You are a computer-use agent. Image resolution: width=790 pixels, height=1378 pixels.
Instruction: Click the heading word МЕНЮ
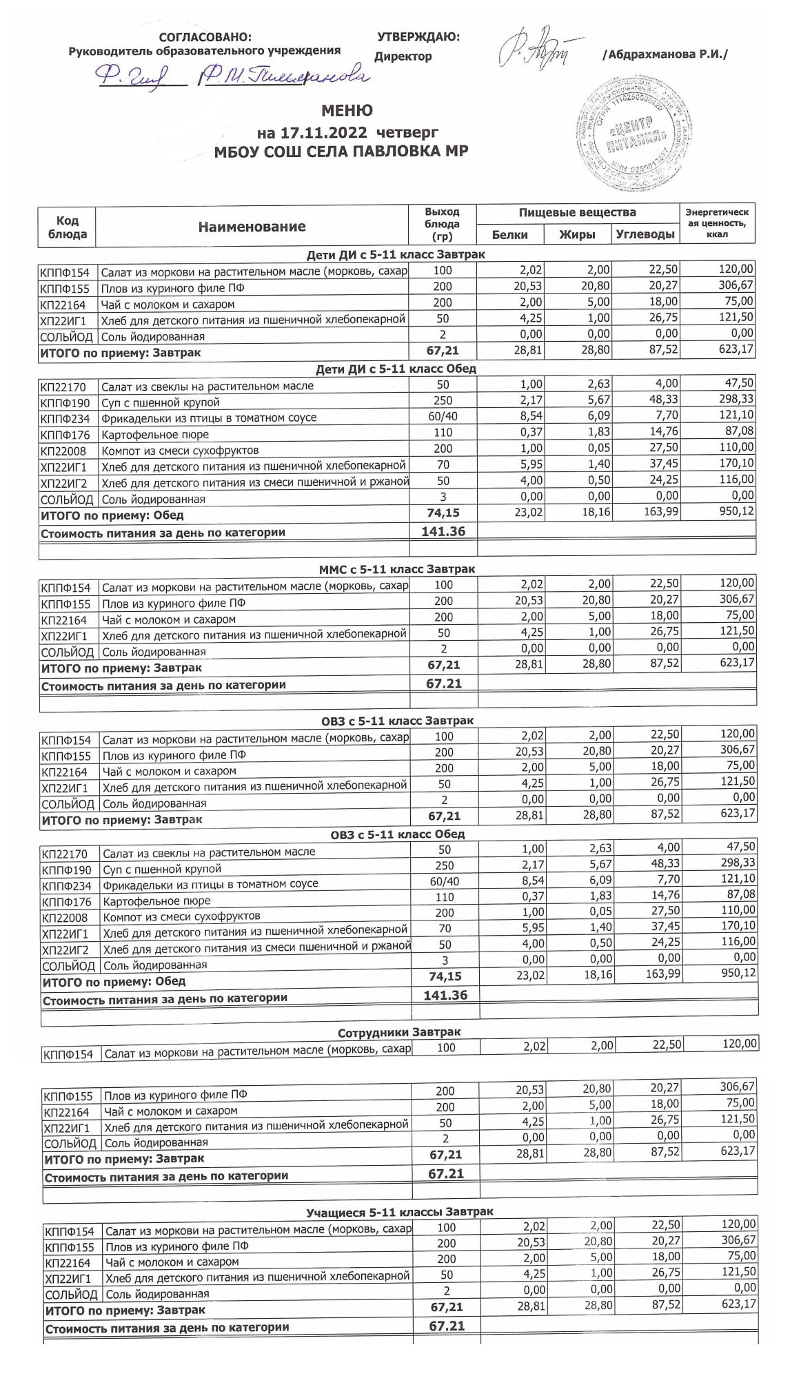pos(347,111)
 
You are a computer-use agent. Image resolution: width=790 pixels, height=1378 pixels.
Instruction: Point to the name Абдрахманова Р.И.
pos(665,54)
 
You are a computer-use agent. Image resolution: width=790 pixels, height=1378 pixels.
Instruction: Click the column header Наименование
pos(252,227)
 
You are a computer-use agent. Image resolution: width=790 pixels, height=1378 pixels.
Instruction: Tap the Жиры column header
pos(577,235)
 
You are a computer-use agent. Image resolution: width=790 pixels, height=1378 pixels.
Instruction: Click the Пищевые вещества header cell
pos(577,212)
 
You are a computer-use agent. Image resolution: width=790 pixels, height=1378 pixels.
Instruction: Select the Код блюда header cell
pos(67,227)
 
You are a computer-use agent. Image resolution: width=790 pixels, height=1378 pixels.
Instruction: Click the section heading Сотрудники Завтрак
pos(399,1032)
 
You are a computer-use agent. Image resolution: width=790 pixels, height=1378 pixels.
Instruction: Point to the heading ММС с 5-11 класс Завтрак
pos(396,569)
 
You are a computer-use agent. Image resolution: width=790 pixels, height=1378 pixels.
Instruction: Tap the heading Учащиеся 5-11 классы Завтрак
pos(399,1211)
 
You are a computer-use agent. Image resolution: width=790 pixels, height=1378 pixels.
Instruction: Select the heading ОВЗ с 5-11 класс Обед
pos(398,834)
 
